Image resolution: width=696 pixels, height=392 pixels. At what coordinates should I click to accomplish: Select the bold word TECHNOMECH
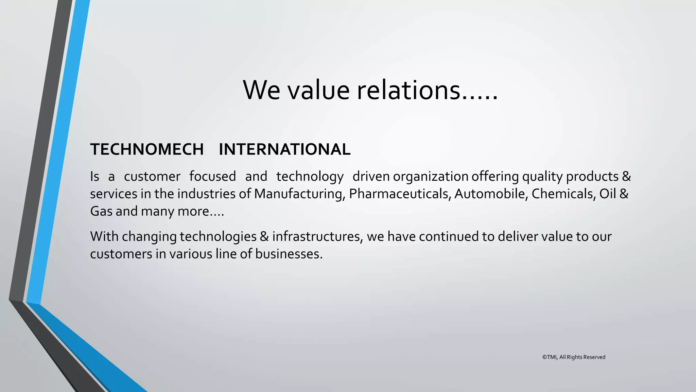[x=147, y=149]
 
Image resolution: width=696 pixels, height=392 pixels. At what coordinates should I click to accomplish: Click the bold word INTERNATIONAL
[x=284, y=149]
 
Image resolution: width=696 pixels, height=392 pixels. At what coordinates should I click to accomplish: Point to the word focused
[x=212, y=176]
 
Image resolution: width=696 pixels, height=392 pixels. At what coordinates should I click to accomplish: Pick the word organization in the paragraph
[x=431, y=177]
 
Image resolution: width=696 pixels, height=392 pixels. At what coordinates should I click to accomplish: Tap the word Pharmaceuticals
[x=400, y=194]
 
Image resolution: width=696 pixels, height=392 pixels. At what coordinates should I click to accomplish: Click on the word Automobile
[x=491, y=194]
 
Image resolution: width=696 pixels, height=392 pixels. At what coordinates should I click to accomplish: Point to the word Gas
[x=101, y=211]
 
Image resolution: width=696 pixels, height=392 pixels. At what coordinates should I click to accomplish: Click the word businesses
[x=289, y=254]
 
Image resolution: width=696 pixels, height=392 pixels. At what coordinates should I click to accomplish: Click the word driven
[x=371, y=176]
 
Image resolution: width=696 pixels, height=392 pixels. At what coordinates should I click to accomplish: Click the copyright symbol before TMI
[x=544, y=357]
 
